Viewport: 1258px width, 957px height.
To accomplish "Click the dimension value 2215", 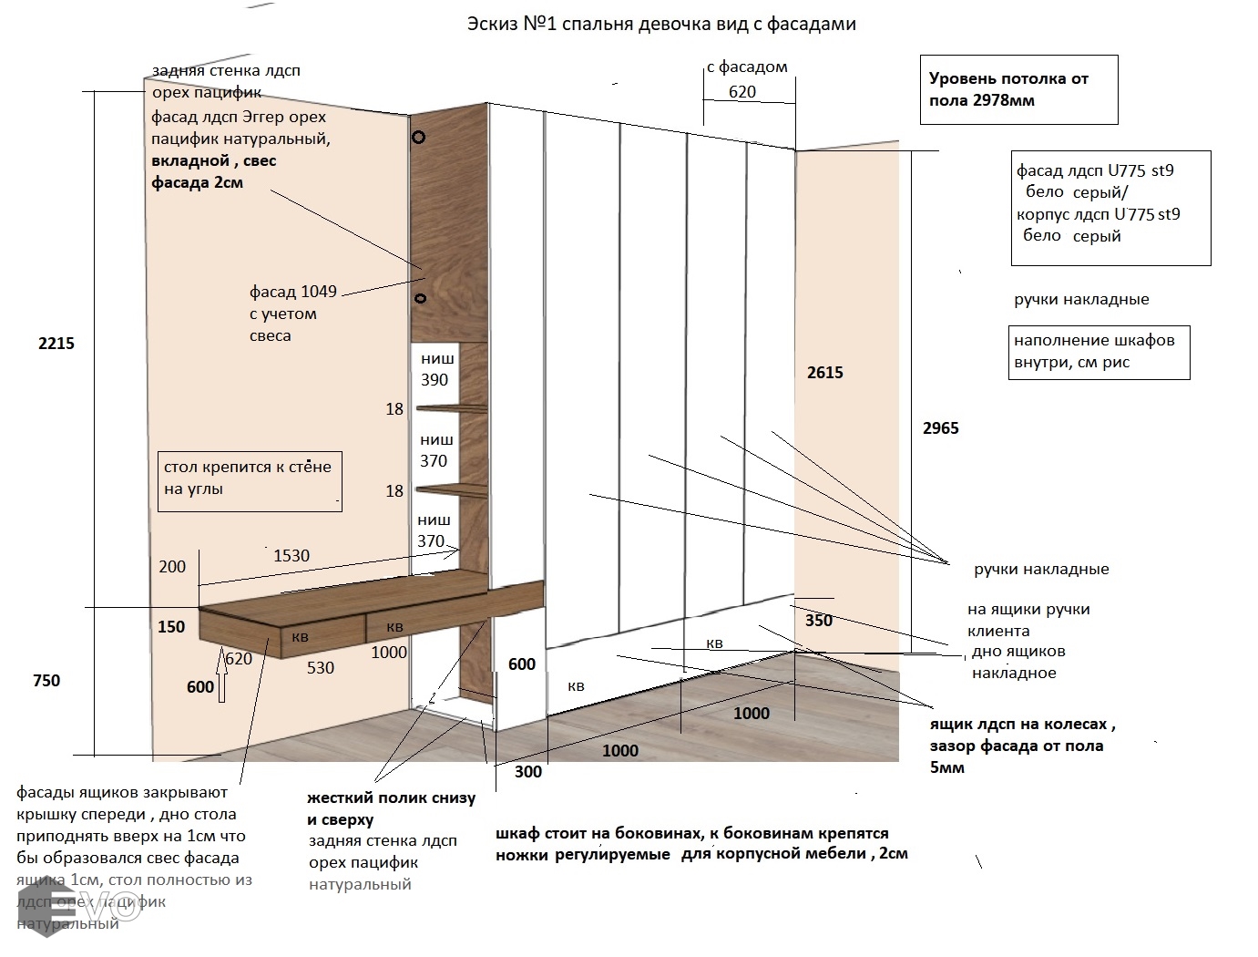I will pos(56,344).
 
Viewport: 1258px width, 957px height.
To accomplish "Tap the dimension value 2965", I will pos(940,428).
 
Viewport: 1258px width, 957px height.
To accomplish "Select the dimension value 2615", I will pos(824,373).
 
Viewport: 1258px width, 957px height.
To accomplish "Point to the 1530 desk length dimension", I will pos(291,556).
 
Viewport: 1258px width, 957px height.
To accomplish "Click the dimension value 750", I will pos(46,681).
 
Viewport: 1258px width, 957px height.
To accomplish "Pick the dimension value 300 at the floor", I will pos(528,772).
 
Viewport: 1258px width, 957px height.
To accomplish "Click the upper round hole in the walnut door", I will pos(419,138).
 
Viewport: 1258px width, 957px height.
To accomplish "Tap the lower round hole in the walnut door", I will pos(421,298).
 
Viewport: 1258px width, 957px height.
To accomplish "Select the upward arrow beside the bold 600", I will pos(222,686).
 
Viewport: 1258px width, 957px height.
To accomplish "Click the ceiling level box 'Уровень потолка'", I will pos(1018,89).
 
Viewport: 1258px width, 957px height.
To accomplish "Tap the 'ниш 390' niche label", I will pos(435,369).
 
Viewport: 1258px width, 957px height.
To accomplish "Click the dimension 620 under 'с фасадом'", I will pos(742,92).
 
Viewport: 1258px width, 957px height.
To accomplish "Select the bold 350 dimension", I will pos(819,621).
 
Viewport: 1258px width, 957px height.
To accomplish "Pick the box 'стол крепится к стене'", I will pos(249,479).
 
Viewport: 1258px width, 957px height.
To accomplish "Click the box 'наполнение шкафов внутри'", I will pos(1099,352).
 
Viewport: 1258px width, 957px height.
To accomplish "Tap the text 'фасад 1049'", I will pos(293,293).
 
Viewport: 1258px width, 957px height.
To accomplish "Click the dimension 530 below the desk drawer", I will pos(321,668).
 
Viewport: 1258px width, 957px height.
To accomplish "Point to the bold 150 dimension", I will pos(171,627).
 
